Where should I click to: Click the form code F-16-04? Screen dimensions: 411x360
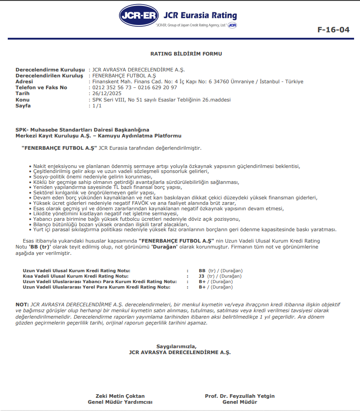(x=333, y=30)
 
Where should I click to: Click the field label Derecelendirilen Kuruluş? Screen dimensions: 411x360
(x=49, y=76)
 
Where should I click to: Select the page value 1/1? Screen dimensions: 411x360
(x=97, y=106)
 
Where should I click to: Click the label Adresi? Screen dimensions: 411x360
(x=24, y=81)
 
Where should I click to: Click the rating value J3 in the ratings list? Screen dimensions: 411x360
(x=202, y=276)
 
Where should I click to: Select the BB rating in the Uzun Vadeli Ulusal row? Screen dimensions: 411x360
(x=202, y=270)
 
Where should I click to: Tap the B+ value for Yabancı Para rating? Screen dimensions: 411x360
(x=202, y=281)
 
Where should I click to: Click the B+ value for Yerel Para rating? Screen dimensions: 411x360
(x=202, y=287)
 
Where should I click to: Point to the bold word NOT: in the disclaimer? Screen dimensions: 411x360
(x=22, y=304)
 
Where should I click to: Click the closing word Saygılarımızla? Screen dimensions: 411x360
(x=180, y=346)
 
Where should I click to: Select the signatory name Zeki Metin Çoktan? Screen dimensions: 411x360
(x=120, y=396)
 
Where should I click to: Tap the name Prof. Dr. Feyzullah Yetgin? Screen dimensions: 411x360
(x=240, y=396)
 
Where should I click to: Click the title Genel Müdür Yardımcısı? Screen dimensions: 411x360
(x=120, y=402)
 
